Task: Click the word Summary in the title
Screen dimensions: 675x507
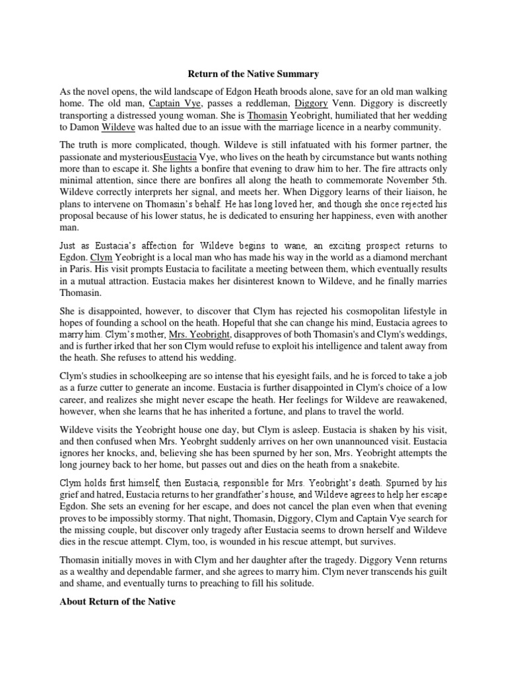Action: [296, 74]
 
